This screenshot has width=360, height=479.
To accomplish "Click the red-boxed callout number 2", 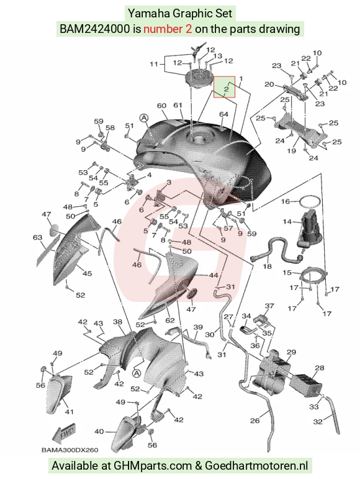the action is click(x=226, y=89).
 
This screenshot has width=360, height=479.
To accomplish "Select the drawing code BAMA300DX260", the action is click(x=70, y=450).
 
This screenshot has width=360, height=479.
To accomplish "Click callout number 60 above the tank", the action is click(x=162, y=106).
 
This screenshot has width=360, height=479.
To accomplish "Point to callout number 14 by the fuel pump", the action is click(x=287, y=221).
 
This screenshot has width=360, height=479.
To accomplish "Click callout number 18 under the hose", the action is click(x=267, y=266).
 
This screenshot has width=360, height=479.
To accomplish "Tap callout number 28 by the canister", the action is click(x=320, y=368).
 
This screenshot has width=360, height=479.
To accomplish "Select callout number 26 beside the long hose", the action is click(x=254, y=421).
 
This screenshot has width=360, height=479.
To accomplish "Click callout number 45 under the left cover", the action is click(x=88, y=273).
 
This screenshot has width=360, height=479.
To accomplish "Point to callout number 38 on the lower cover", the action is click(x=118, y=322).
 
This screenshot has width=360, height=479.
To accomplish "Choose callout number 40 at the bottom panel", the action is click(x=99, y=431).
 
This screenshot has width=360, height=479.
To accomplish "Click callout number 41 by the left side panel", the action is click(x=70, y=412).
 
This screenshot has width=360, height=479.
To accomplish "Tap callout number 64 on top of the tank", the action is click(x=223, y=114).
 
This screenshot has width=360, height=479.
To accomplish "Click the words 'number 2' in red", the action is click(x=168, y=29).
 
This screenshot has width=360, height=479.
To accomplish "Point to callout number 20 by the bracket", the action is click(x=269, y=84).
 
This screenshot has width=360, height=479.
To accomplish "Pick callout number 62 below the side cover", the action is click(x=170, y=320).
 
